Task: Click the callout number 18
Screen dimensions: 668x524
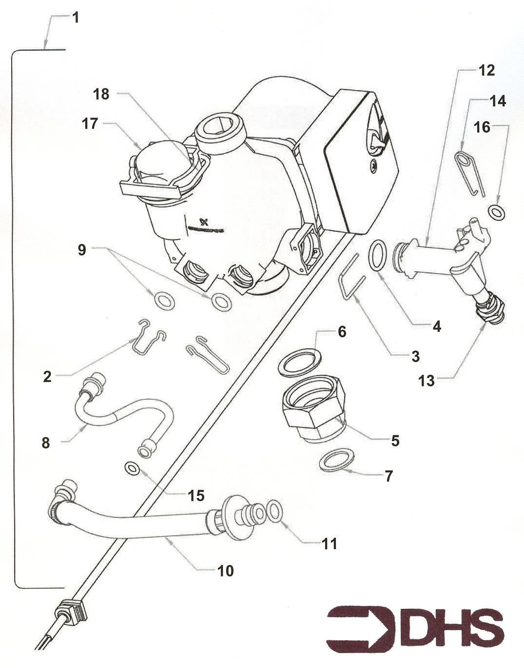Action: (x=101, y=94)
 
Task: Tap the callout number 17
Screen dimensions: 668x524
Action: (x=90, y=124)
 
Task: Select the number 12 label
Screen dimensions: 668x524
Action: (x=486, y=71)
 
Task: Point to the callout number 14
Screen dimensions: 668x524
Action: (x=498, y=101)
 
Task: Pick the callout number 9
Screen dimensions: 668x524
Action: (x=81, y=250)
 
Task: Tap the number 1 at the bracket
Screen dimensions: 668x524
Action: (x=75, y=18)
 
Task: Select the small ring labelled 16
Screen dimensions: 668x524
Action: (x=497, y=212)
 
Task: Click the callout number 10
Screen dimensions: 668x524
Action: (x=226, y=570)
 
